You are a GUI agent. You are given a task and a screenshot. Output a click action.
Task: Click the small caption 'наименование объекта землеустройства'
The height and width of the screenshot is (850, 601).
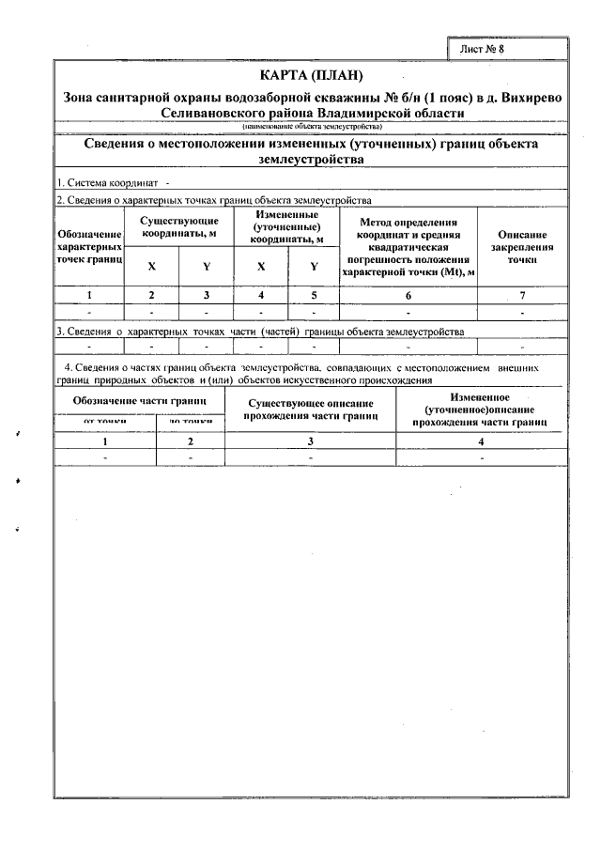310,125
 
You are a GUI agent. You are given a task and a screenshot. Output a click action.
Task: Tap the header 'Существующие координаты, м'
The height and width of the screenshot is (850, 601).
179,225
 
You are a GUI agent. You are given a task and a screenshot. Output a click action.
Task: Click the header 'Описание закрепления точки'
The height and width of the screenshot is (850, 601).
522,245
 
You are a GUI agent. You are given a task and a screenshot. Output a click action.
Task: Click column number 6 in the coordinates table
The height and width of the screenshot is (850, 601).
408,296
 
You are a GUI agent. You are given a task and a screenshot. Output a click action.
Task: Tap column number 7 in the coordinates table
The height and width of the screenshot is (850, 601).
522,296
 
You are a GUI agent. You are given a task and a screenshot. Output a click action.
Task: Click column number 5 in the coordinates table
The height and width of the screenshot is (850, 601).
314,296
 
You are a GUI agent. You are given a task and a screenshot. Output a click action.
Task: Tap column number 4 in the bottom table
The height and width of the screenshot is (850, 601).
481,440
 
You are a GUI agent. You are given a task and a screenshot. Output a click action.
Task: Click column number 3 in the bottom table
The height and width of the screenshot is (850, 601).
311,440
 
